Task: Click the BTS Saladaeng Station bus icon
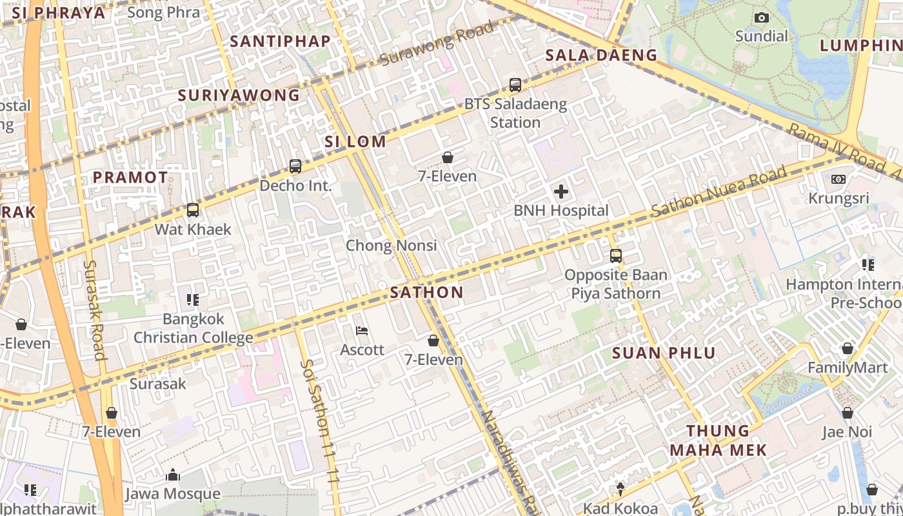click(515, 84)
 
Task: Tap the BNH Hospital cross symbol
click(561, 192)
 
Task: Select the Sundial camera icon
click(762, 17)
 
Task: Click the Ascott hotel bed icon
click(362, 331)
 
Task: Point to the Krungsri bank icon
click(838, 179)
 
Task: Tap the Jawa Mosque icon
click(172, 475)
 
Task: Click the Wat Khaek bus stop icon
click(192, 210)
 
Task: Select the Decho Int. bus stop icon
click(295, 166)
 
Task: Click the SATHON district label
click(427, 292)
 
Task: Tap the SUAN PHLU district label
click(664, 353)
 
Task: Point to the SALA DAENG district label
click(601, 55)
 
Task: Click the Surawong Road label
click(437, 43)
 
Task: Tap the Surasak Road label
click(94, 310)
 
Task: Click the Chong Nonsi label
click(391, 245)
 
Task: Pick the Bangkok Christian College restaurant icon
click(192, 299)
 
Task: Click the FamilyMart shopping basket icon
click(847, 349)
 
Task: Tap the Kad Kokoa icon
click(620, 489)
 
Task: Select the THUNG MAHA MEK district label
click(718, 440)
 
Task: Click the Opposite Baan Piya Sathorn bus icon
click(615, 255)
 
